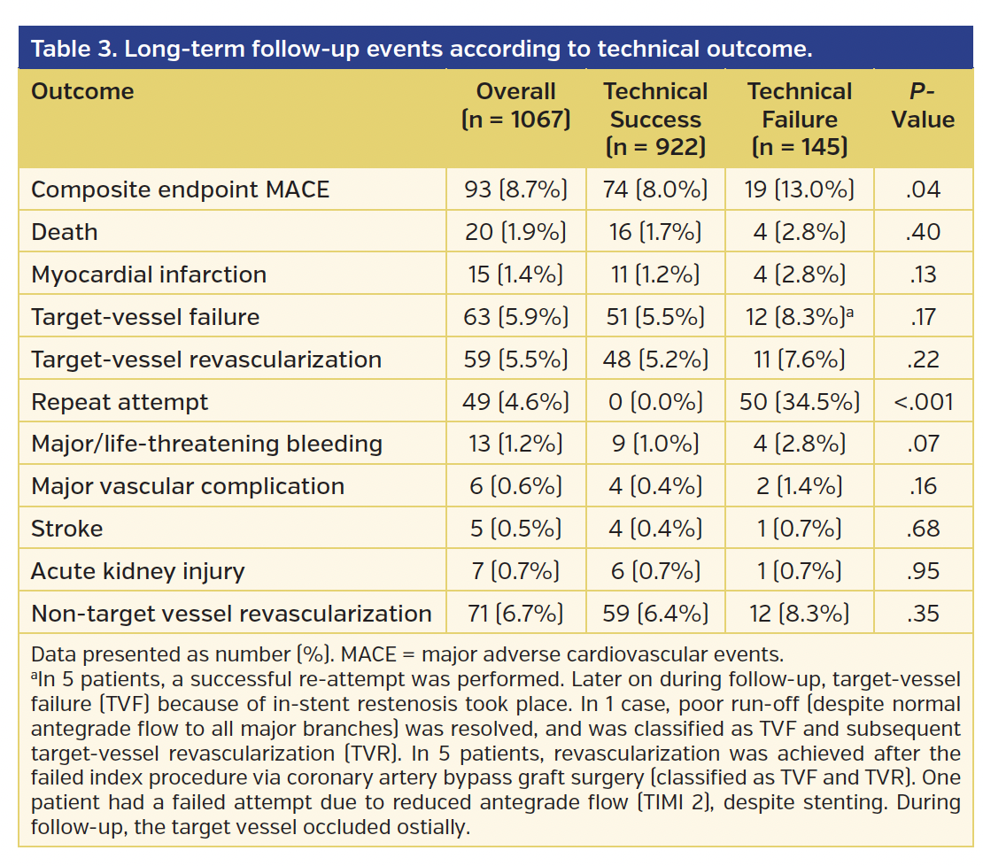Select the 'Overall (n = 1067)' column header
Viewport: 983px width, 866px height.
[x=515, y=119]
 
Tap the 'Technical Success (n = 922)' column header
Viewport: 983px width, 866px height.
[x=655, y=119]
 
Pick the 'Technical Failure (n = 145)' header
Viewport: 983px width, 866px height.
[x=799, y=119]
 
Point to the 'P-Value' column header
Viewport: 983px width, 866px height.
[x=923, y=105]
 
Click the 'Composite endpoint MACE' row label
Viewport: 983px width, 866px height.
[x=180, y=189]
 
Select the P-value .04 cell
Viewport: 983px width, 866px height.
[x=923, y=189]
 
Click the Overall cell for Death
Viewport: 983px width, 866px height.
[x=515, y=232]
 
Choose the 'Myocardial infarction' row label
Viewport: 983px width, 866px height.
[x=149, y=274]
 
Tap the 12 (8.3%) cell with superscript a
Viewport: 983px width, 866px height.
[x=799, y=317]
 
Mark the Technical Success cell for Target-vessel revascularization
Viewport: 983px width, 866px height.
[x=655, y=360]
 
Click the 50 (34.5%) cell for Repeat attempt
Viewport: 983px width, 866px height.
[x=799, y=402]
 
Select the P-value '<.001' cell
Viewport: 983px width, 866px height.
[x=923, y=402]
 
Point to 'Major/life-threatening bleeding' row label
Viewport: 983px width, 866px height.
[x=206, y=444]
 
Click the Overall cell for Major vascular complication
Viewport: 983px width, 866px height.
[x=515, y=486]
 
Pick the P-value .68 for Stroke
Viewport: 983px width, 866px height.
[x=923, y=529]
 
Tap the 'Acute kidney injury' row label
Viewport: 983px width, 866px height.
[x=137, y=571]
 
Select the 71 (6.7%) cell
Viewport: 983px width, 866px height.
[x=515, y=614]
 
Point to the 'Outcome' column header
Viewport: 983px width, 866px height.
[x=82, y=91]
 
